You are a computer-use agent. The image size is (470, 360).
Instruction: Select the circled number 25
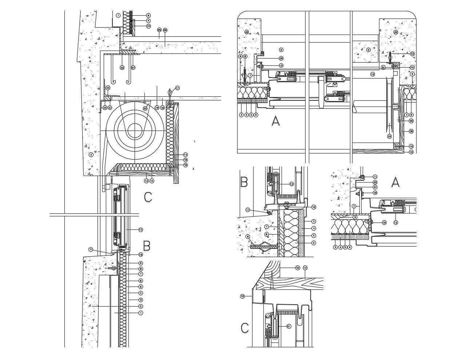tap(159, 29)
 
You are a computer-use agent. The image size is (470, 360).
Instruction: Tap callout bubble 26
tap(165, 30)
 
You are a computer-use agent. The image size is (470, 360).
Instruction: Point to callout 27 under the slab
tap(133, 68)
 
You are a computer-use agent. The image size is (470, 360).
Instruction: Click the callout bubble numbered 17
tap(177, 88)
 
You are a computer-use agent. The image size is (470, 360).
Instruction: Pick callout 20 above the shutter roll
tap(145, 108)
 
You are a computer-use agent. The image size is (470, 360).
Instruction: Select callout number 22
tap(104, 108)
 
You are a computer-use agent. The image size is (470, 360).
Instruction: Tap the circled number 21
tap(110, 108)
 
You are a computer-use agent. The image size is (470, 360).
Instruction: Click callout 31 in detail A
tap(375, 187)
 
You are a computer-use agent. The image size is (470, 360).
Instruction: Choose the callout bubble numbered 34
tap(383, 68)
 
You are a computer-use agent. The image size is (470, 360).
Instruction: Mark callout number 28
tap(411, 121)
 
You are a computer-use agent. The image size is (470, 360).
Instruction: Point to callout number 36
tap(411, 131)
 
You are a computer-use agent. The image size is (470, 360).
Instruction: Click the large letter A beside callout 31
tap(395, 182)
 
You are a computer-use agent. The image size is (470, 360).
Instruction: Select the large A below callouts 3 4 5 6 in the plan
tap(276, 121)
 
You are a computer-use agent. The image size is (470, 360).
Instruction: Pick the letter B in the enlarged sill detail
tap(244, 181)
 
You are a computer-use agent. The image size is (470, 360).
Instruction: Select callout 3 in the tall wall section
tap(141, 300)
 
